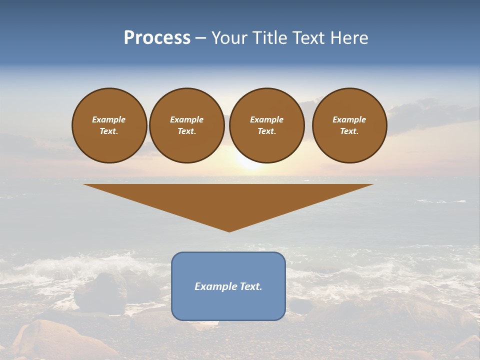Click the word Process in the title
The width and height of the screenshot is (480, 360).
pyautogui.click(x=157, y=38)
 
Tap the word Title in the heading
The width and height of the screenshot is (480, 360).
pyautogui.click(x=269, y=38)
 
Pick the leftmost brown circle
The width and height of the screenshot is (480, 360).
pyautogui.click(x=109, y=125)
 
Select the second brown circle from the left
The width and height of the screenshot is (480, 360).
pyautogui.click(x=186, y=125)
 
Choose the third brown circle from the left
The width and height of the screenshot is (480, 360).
pyautogui.click(x=266, y=125)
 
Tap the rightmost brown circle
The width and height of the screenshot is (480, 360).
pyautogui.click(x=349, y=125)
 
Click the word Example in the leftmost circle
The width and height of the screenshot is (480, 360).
pyautogui.click(x=109, y=119)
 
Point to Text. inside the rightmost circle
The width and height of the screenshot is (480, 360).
pyautogui.click(x=349, y=131)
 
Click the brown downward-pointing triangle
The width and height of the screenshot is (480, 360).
pyautogui.click(x=228, y=200)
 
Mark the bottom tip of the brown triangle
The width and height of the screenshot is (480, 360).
pyautogui.click(x=229, y=231)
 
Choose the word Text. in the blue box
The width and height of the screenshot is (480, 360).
pyautogui.click(x=250, y=286)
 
